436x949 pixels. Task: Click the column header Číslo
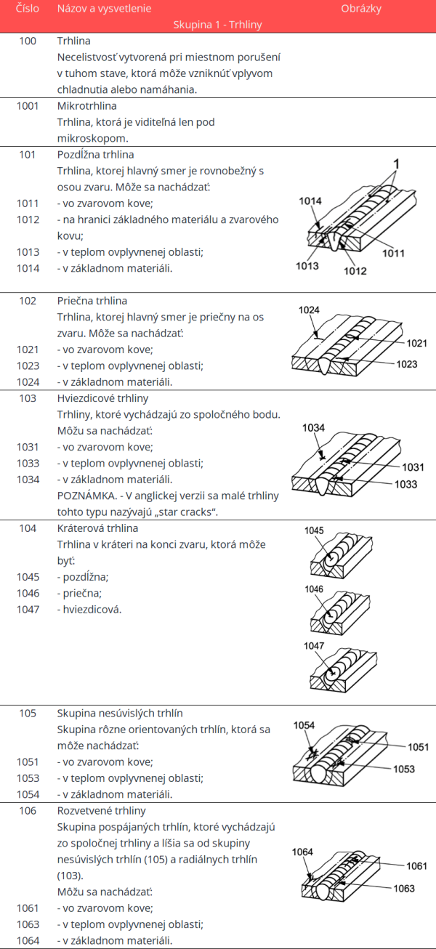(x=28, y=9)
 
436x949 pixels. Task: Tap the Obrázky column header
(x=361, y=9)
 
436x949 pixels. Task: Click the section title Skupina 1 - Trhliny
(x=217, y=25)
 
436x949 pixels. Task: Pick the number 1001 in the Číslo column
(x=28, y=106)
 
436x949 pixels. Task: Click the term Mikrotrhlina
(x=86, y=106)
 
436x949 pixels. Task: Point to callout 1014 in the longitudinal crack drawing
(x=310, y=201)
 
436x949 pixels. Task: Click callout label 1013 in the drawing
(x=307, y=266)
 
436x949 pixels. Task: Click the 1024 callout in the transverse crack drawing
(x=310, y=310)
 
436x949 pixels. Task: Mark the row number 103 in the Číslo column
(x=28, y=399)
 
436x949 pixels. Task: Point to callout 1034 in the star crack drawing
(x=314, y=428)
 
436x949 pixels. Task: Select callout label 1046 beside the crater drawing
(x=314, y=589)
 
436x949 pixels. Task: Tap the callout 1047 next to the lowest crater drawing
(x=314, y=645)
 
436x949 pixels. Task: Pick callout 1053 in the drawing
(x=404, y=769)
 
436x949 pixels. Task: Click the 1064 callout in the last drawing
(x=302, y=852)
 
